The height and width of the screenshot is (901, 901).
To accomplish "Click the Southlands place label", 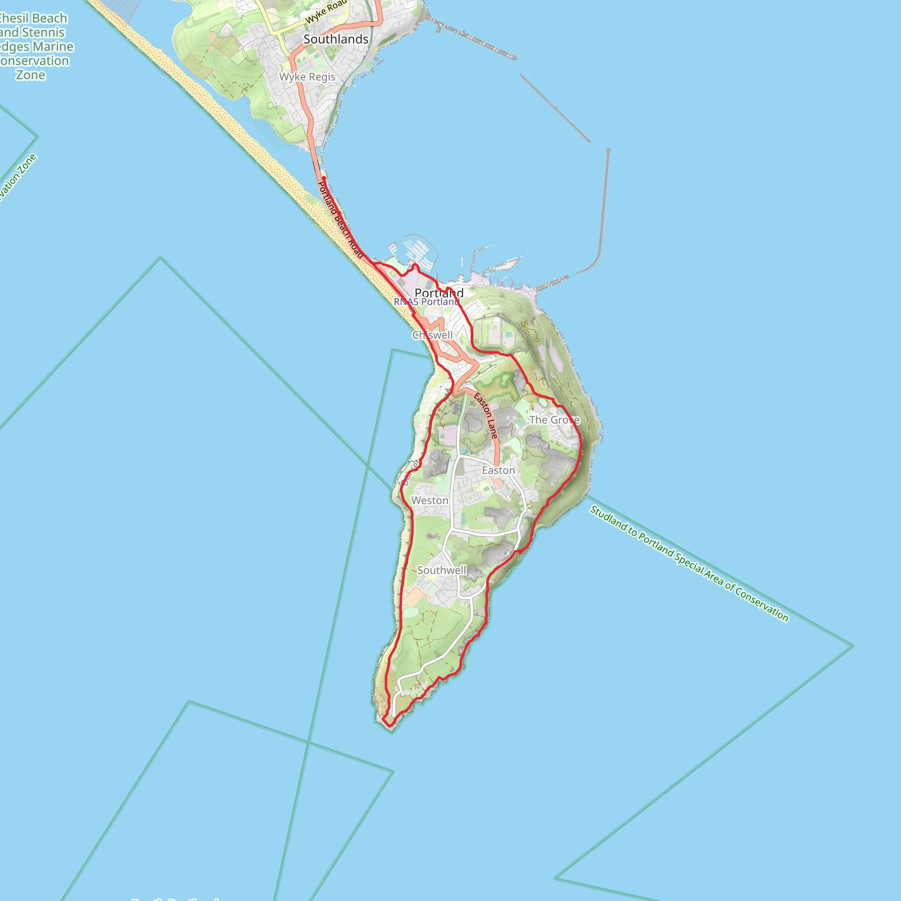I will click(336, 39).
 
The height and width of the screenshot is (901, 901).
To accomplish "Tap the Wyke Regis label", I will click(308, 77).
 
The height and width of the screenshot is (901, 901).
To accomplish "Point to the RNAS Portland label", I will click(426, 302).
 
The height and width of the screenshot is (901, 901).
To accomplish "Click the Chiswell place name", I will click(432, 335).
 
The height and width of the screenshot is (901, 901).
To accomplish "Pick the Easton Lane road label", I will click(486, 415).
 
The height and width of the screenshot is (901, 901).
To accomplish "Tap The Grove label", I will click(554, 420).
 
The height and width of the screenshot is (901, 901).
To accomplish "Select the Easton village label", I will click(498, 470).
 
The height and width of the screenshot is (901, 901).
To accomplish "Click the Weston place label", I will click(429, 500).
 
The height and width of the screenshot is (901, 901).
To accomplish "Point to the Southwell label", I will click(441, 570).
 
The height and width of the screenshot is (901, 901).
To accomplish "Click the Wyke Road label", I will click(326, 12).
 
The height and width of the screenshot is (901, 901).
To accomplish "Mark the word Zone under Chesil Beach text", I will click(31, 75).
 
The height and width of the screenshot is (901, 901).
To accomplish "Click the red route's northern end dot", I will click(323, 178).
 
